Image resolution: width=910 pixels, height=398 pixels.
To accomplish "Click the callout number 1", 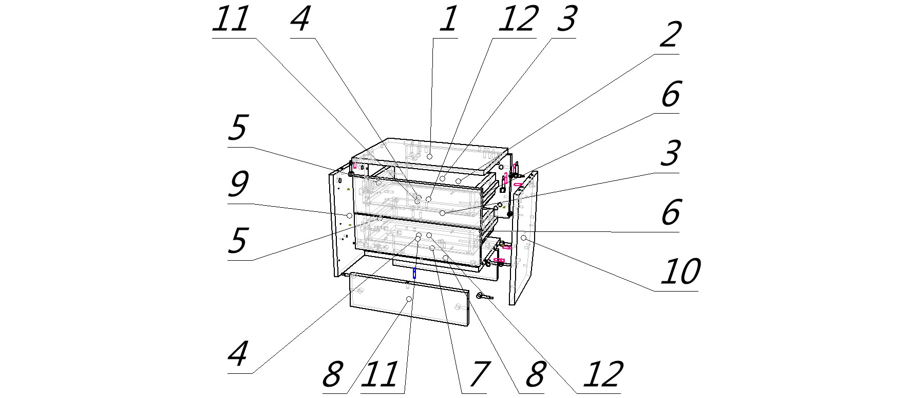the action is click(x=448, y=19).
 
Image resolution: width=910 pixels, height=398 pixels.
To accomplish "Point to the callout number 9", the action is click(x=238, y=184).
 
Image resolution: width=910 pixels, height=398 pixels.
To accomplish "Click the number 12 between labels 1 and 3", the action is click(x=516, y=19).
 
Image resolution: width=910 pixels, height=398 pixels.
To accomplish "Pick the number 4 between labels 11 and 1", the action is click(x=300, y=19).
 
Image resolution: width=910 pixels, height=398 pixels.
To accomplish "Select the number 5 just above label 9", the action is click(x=238, y=128).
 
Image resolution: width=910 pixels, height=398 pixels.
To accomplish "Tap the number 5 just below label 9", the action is click(x=238, y=241).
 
